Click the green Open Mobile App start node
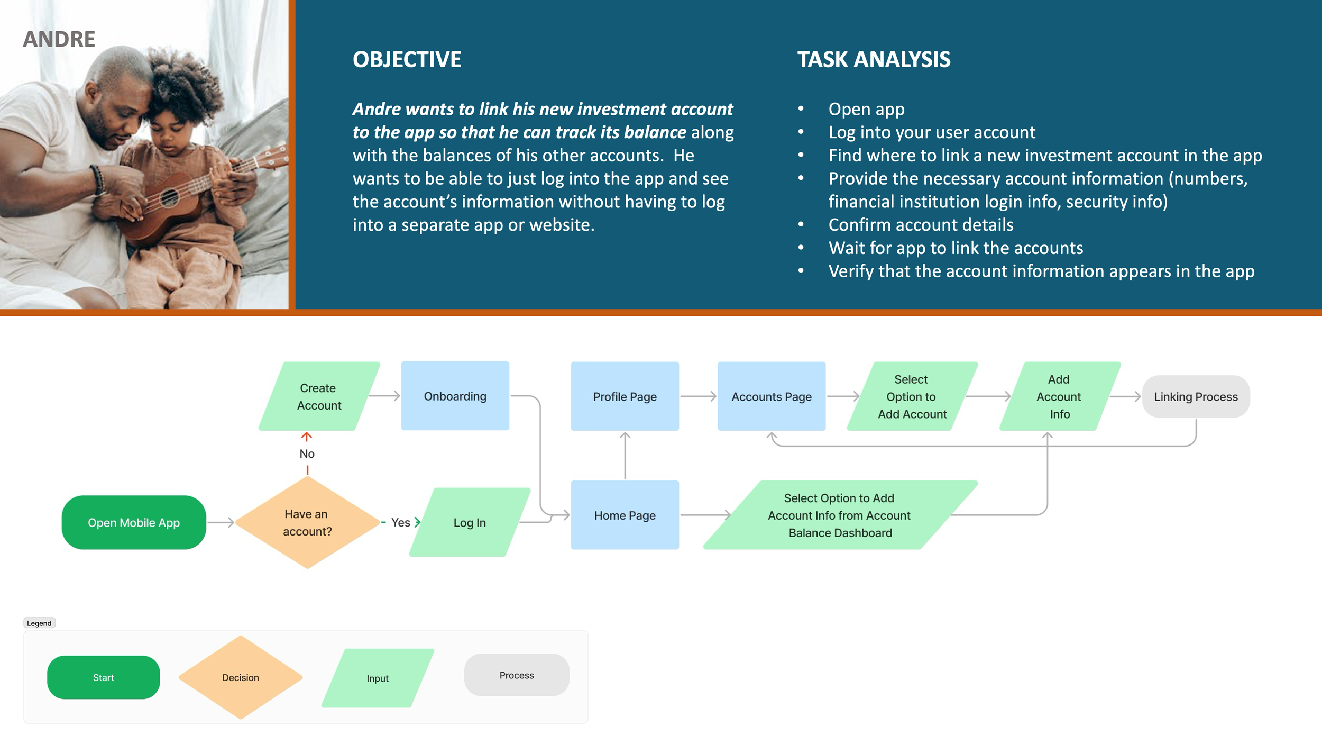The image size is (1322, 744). pyautogui.click(x=134, y=522)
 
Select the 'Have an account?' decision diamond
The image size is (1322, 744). pyautogui.click(x=307, y=522)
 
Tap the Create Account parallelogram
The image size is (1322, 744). pyautogui.click(x=319, y=396)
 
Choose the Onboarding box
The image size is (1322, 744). pyautogui.click(x=455, y=396)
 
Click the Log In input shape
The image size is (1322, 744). pyautogui.click(x=470, y=522)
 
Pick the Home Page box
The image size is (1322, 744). pyautogui.click(x=625, y=515)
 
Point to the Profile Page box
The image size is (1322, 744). pyautogui.click(x=625, y=396)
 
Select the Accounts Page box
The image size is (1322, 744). pyautogui.click(x=771, y=396)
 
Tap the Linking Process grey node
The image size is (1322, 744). pyautogui.click(x=1196, y=396)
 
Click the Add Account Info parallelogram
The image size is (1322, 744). pyautogui.click(x=1059, y=396)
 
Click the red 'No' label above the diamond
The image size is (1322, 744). pyautogui.click(x=307, y=453)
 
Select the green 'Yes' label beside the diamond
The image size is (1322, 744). pyautogui.click(x=400, y=522)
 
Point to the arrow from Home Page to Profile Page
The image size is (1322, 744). pyautogui.click(x=625, y=455)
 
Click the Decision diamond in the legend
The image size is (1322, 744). pyautogui.click(x=241, y=677)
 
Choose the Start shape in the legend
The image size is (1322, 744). pyautogui.click(x=104, y=677)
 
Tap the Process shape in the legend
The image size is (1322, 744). pyautogui.click(x=517, y=675)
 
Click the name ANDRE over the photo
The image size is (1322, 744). pyautogui.click(x=59, y=39)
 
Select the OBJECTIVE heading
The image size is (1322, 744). pyautogui.click(x=407, y=59)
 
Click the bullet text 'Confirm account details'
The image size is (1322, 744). pyautogui.click(x=921, y=225)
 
